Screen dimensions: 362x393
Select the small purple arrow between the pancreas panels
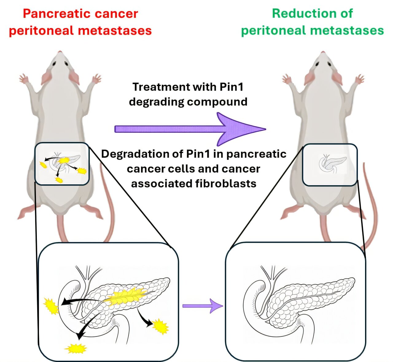(203, 306)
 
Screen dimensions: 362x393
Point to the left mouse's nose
(60, 53)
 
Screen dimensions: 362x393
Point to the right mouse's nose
(323, 53)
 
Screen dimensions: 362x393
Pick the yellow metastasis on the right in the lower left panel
(160, 326)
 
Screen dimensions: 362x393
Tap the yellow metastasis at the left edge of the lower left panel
(51, 306)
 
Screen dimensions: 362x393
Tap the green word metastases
(347, 31)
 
